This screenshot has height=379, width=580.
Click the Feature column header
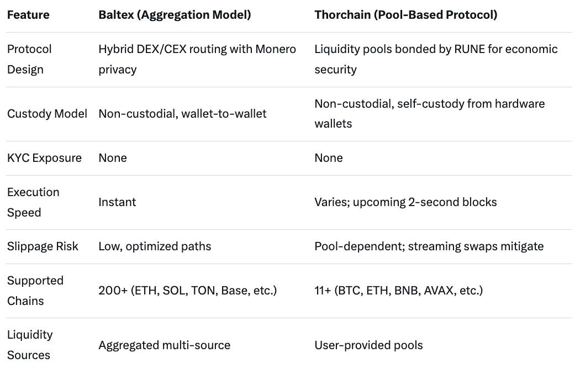coord(28,15)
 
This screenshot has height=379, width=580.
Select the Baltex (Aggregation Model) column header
coord(175,15)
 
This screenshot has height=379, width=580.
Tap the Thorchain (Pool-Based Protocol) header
coord(405,15)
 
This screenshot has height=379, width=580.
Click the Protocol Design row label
coord(29,59)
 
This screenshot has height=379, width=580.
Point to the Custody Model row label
coord(47,114)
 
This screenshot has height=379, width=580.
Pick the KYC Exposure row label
coord(44,158)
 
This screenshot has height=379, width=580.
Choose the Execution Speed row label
coord(33,202)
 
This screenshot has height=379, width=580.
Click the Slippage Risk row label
coord(43,246)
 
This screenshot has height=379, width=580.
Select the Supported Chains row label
coord(35,291)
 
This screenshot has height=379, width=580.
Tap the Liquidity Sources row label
coord(30,345)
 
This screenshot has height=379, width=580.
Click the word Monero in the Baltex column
coord(276,49)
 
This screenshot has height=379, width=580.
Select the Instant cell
coord(117,202)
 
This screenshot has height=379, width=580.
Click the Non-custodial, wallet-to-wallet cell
coord(182,114)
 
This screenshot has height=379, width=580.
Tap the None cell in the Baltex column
coord(113,158)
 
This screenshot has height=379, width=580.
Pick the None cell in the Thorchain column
coord(329,158)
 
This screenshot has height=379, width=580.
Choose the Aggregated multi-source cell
coord(164,345)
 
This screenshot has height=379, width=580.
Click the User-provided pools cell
coord(368,345)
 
